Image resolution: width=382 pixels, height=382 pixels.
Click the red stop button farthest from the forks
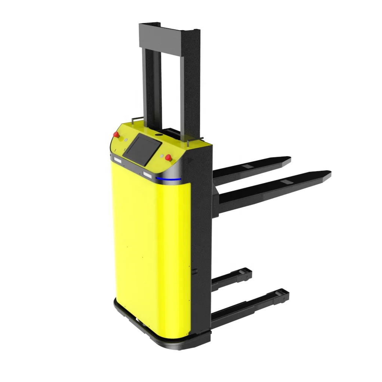point(116,134)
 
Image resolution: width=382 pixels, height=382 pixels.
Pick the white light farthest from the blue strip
point(117,160)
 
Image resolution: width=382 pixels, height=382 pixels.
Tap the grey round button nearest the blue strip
point(161,156)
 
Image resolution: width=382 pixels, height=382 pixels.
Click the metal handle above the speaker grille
point(194,141)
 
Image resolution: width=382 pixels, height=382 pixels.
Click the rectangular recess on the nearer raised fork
point(287,182)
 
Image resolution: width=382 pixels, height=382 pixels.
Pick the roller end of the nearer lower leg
point(283,296)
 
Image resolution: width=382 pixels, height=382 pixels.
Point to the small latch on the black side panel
point(194,271)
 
